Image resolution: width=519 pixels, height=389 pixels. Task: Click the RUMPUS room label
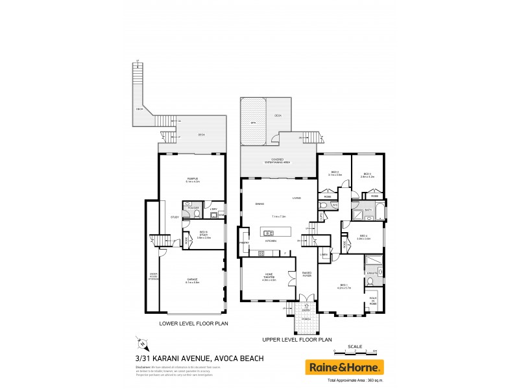[x=193, y=180]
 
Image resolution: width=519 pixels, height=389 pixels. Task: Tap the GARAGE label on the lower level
[x=192, y=281]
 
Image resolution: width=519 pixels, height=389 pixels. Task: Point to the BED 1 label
[x=344, y=285]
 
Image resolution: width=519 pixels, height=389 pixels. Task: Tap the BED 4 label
[x=363, y=237]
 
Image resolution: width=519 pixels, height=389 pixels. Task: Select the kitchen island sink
[x=269, y=232]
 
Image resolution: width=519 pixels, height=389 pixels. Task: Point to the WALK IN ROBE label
[x=374, y=301]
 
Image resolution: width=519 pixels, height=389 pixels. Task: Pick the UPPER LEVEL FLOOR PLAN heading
[x=296, y=339]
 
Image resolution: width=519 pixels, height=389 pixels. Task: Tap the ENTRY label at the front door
[x=306, y=310]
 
